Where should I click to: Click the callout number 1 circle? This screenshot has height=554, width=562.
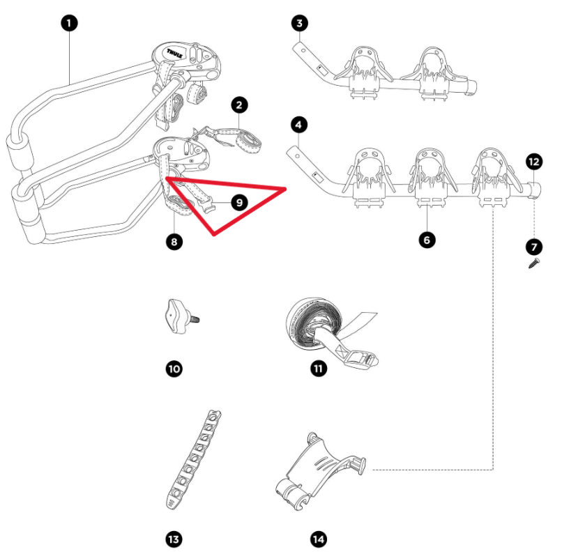point(68,24)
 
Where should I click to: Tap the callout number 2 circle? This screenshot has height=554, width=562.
point(239,106)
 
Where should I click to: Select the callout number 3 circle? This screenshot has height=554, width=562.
point(298,24)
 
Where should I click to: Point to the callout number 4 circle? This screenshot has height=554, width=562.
point(298,125)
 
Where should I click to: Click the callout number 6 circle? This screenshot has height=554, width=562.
point(427,240)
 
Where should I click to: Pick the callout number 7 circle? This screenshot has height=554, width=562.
point(534,247)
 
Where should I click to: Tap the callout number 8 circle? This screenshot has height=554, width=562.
point(173,243)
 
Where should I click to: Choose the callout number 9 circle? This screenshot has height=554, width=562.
point(239,202)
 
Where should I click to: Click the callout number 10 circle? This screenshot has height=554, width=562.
point(173,368)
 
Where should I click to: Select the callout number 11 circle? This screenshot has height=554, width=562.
point(319,368)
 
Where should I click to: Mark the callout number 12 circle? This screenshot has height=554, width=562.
point(534,162)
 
